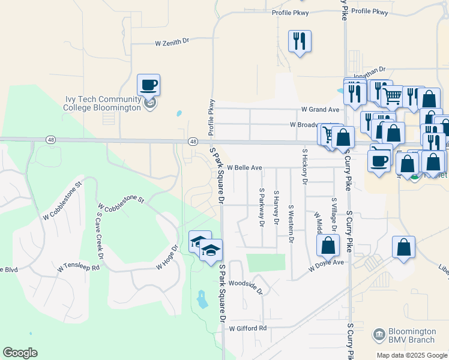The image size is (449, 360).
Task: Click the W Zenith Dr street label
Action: (x=172, y=43)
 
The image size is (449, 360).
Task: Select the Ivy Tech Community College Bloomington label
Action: (x=103, y=103)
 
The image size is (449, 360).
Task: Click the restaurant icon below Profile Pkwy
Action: (x=300, y=41)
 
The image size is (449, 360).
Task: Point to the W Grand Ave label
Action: (x=320, y=110)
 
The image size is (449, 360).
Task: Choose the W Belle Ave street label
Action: (x=244, y=167)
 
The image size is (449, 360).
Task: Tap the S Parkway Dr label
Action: (x=262, y=207)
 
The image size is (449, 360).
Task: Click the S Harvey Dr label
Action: (x=276, y=208)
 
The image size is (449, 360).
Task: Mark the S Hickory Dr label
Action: (x=305, y=166)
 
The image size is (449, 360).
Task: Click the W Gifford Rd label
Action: (x=247, y=328)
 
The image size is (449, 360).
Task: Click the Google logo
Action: (x=20, y=353)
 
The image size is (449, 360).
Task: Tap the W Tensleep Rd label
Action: (x=78, y=267)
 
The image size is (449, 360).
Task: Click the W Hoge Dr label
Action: (x=167, y=257)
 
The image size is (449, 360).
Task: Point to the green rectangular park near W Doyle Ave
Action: (x=265, y=263)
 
